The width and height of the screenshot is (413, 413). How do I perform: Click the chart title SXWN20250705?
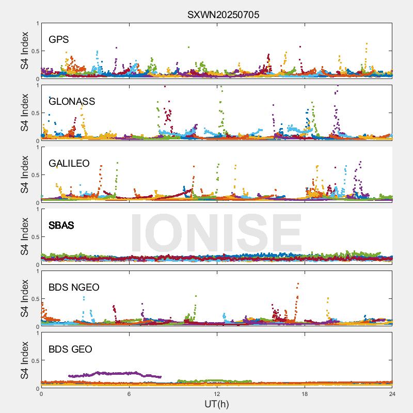click(223, 14)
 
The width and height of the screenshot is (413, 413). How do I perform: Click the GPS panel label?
click(58, 40)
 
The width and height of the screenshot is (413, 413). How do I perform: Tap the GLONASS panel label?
click(72, 102)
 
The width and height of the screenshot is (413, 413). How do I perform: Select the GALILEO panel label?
click(69, 164)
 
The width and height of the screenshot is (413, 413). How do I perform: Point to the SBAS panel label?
click(61, 226)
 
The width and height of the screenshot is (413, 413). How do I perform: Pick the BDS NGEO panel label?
click(74, 288)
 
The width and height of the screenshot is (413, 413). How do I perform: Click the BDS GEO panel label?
click(70, 350)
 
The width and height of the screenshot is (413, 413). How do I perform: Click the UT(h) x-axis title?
click(216, 404)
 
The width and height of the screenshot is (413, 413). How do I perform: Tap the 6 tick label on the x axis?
click(129, 394)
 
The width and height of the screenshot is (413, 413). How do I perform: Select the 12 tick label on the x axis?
click(217, 394)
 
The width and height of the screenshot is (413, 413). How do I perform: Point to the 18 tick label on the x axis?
click(305, 394)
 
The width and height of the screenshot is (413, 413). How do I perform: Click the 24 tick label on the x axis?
click(392, 394)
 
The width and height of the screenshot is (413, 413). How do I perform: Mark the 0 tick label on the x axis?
click(41, 394)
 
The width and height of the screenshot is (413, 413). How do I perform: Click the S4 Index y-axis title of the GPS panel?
click(25, 51)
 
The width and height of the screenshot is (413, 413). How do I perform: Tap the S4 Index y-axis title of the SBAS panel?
click(25, 237)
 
